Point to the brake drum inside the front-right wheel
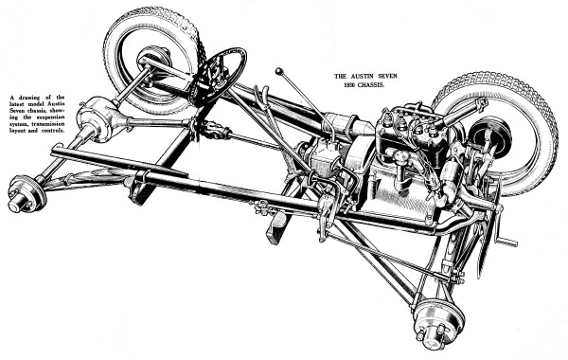coord(492,137)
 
